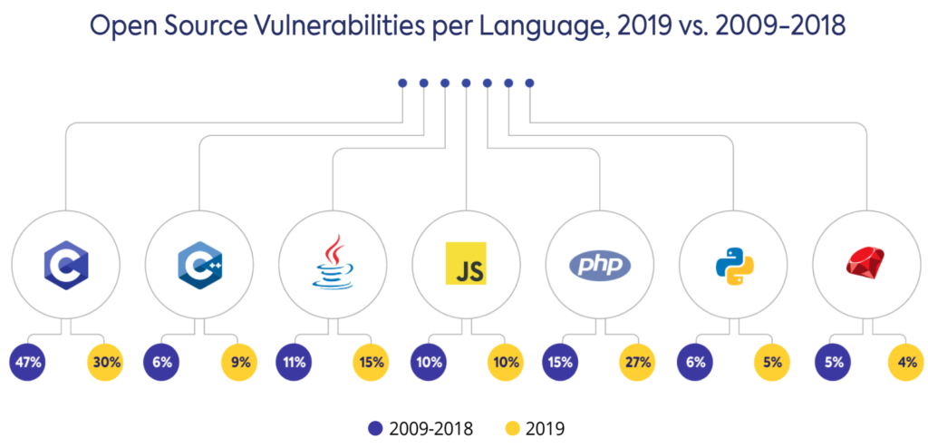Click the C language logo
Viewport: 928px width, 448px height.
pos(64,264)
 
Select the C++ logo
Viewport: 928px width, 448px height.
pos(198,264)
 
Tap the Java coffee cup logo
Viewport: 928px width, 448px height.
pos(333,263)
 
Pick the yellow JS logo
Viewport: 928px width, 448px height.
pos(467,264)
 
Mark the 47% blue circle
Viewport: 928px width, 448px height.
pos(27,363)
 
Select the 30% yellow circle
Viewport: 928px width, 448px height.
pos(105,363)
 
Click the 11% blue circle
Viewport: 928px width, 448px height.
pos(294,363)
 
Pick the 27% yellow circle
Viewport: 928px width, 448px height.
pos(639,363)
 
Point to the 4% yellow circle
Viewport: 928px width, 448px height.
pos(904,363)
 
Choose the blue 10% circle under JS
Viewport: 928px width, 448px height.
pos(428,363)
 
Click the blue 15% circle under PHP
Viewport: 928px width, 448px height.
pos(560,363)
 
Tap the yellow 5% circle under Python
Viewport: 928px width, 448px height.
pos(772,363)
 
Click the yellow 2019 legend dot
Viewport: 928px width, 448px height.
pos(510,426)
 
